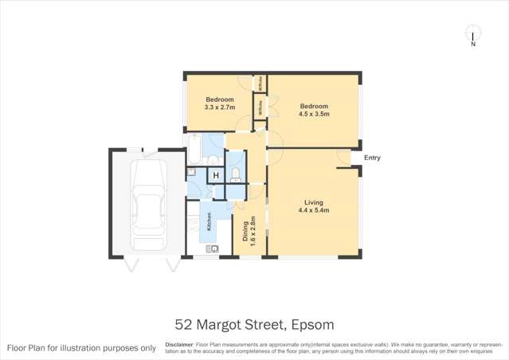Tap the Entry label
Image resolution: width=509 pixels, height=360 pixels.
tap(372, 158)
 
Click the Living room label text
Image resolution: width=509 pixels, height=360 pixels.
tap(312, 202)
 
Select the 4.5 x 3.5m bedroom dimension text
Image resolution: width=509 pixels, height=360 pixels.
tap(314, 114)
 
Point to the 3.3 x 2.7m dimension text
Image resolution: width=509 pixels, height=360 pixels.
tap(219, 108)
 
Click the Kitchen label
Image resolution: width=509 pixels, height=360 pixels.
tap(209, 222)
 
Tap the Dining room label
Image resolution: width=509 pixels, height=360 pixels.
tap(245, 230)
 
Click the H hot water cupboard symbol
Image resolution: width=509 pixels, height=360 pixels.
tap(214, 176)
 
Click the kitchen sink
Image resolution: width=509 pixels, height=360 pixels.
tap(211, 249)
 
